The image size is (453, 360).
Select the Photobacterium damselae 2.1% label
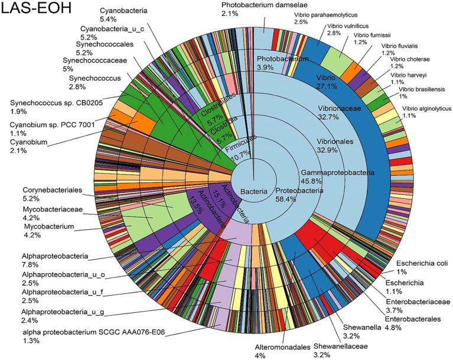(243, 9)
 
